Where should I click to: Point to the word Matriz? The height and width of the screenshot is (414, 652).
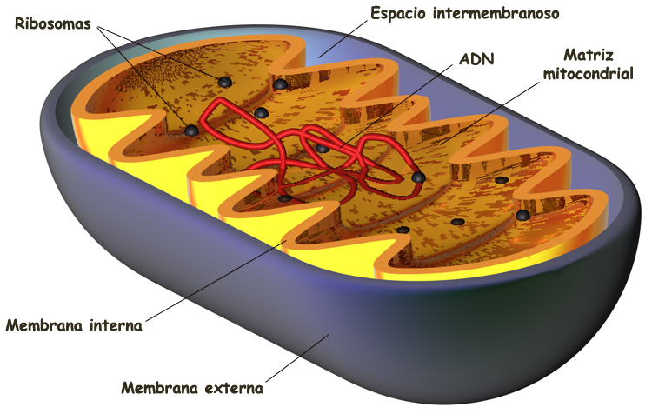pyautogui.click(x=583, y=55)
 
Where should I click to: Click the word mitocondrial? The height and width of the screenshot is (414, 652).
pyautogui.click(x=588, y=74)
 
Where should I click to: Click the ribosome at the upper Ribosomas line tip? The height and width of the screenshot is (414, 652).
pyautogui.click(x=224, y=82)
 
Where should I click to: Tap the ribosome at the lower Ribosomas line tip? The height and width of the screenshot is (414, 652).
pyautogui.click(x=191, y=130)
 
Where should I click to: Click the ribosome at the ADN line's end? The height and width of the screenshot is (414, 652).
pyautogui.click(x=323, y=148)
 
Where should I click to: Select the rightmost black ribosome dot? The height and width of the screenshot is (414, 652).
pyautogui.click(x=522, y=215)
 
